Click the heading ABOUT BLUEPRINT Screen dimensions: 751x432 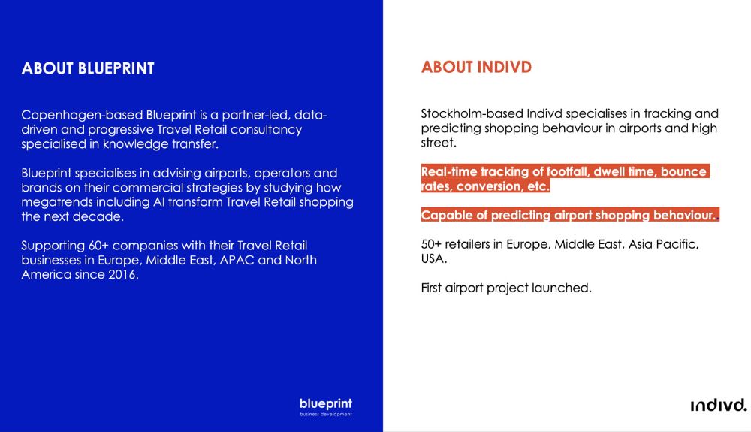tap(88, 68)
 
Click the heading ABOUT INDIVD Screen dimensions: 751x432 tap(476, 67)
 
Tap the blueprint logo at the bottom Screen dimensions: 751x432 tap(326, 406)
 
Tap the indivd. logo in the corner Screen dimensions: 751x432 tap(719, 405)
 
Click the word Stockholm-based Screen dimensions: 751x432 tap(472, 113)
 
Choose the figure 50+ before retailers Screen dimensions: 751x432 tap(431, 244)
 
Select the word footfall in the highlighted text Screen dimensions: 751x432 tap(568, 171)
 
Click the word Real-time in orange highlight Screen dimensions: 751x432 tap(449, 171)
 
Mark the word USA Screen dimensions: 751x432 tap(434, 259)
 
